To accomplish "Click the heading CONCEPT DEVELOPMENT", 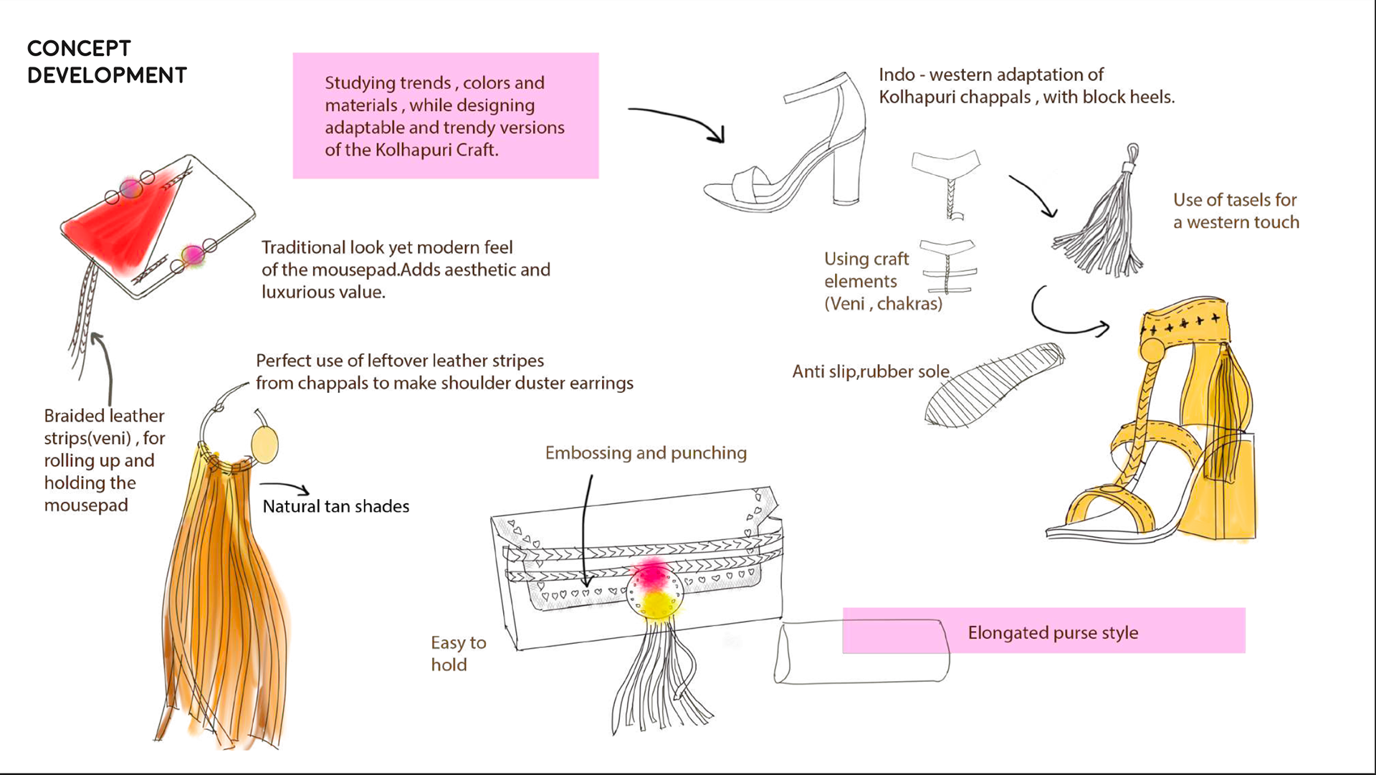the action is tap(107, 62).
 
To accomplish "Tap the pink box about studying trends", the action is tap(446, 115).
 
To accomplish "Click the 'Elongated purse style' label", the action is tap(1053, 632).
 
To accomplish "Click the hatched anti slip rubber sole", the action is tap(994, 385).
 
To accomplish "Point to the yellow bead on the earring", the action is tap(264, 444).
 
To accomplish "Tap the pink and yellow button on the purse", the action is tap(654, 589).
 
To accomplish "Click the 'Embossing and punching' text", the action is tap(646, 452).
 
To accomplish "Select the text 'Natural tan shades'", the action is tap(336, 506).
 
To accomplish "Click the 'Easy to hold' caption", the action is tap(459, 653).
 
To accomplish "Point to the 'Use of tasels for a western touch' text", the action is tap(1236, 211).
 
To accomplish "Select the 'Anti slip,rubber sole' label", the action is tap(871, 371).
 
